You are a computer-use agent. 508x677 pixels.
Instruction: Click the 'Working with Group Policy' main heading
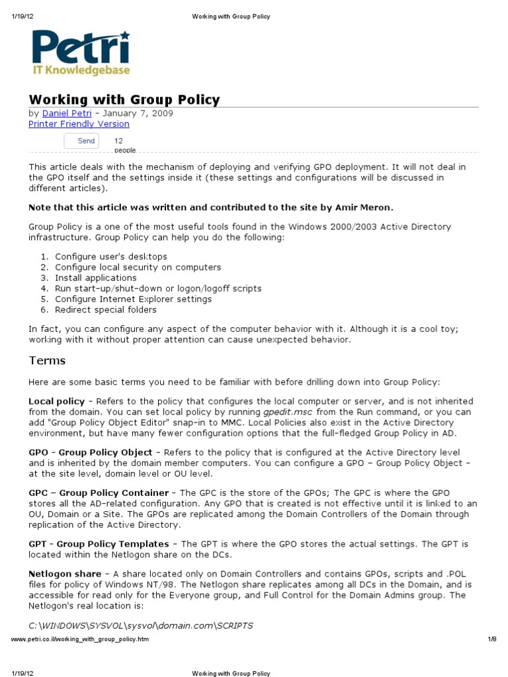point(124,100)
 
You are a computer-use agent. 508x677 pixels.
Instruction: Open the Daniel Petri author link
point(67,113)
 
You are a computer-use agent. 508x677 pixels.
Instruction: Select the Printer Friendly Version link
point(79,124)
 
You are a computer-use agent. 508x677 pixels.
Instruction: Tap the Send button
point(82,141)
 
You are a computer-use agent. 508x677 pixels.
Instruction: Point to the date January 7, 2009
point(141,113)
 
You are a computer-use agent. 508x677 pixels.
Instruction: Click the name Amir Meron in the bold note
point(373,207)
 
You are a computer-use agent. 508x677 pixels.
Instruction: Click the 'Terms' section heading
point(47,360)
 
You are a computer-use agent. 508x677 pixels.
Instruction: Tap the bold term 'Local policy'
point(57,401)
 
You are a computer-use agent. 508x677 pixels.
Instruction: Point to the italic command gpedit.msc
point(288,412)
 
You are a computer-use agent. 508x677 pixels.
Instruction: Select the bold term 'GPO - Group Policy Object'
point(89,452)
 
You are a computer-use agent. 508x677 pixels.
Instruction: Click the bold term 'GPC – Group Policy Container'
point(99,493)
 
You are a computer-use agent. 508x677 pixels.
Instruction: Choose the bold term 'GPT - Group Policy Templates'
point(99,543)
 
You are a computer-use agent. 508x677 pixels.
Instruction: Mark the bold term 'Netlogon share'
point(65,574)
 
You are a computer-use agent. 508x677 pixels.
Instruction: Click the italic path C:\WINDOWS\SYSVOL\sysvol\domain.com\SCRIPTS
point(140,625)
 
